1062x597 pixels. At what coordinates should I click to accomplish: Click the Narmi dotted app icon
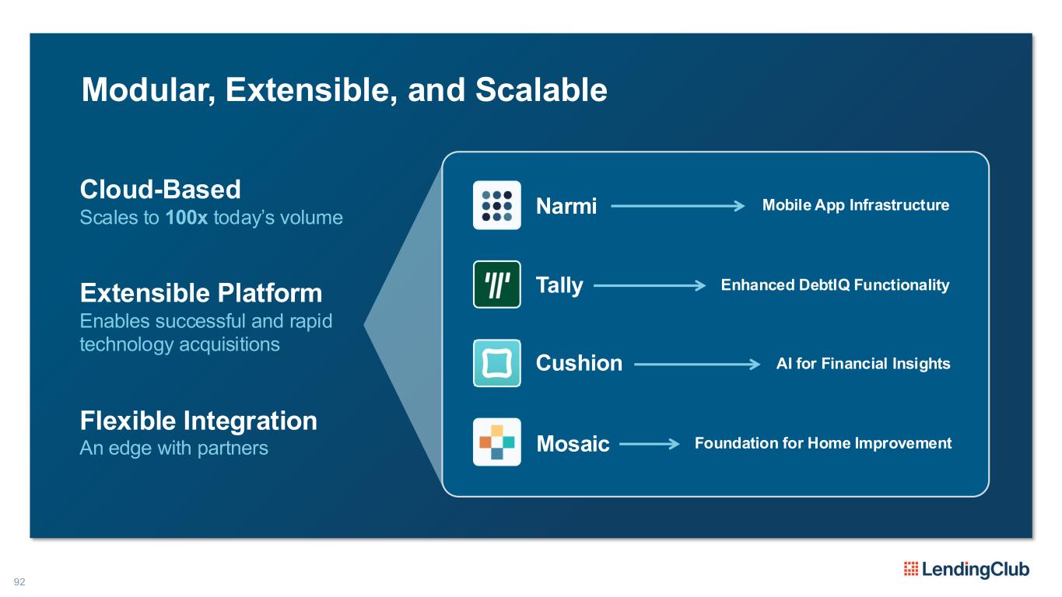click(x=497, y=205)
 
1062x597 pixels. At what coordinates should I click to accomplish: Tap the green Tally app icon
click(x=497, y=285)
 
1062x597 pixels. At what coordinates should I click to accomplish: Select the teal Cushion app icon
click(x=497, y=363)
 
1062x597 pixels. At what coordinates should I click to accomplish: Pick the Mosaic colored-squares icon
click(x=497, y=442)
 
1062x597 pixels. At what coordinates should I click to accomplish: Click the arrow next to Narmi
click(x=678, y=206)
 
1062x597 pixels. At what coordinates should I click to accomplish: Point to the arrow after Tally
click(x=650, y=285)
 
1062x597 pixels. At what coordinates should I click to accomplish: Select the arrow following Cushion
click(x=697, y=364)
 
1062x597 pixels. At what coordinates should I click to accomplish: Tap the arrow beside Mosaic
click(x=650, y=444)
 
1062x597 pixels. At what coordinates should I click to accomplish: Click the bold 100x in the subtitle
click(x=186, y=218)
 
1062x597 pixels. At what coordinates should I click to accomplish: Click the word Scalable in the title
click(x=541, y=89)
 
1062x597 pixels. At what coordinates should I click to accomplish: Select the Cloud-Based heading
click(x=160, y=189)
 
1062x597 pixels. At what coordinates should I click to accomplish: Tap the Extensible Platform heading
click(x=201, y=293)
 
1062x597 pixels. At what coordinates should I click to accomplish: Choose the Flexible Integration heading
click(x=198, y=421)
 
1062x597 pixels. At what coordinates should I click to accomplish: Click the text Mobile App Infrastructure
click(x=856, y=205)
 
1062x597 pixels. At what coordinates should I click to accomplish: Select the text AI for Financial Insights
click(x=864, y=364)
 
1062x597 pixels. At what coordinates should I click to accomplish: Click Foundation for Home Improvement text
click(x=823, y=443)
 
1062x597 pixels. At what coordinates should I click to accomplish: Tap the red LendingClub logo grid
click(x=911, y=568)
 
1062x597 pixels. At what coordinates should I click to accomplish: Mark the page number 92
click(x=19, y=581)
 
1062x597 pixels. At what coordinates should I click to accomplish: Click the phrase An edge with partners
click(x=173, y=448)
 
